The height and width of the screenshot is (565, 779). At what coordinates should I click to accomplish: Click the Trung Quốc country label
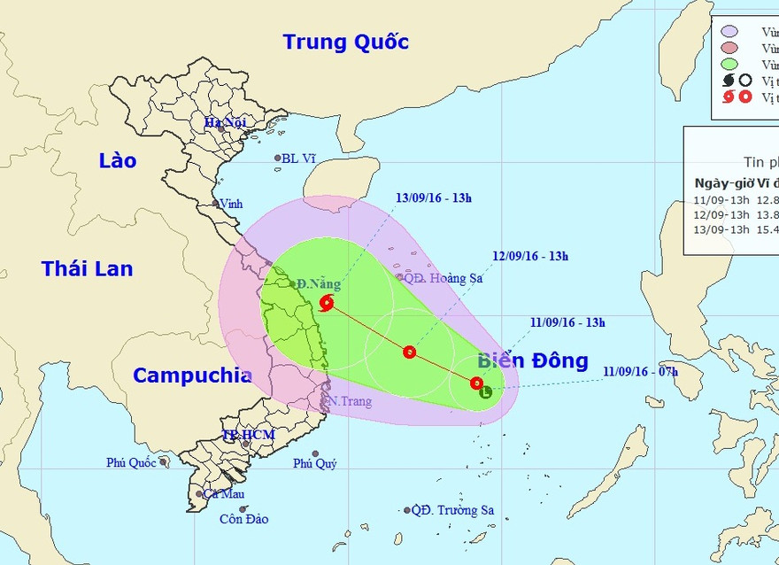[x=345, y=42]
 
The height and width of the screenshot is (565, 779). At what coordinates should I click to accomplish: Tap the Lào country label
[x=118, y=160]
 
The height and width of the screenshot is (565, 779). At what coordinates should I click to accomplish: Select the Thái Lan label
[x=87, y=267]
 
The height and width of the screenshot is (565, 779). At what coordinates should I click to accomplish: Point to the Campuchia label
[x=192, y=375]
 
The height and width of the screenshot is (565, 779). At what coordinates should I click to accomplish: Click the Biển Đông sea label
[x=532, y=360]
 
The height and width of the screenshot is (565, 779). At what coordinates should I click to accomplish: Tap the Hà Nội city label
[x=225, y=122]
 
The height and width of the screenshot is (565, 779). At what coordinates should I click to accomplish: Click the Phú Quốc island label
[x=130, y=462]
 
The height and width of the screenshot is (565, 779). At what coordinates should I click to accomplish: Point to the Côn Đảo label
[x=243, y=519]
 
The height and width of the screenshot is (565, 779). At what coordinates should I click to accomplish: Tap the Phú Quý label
[x=315, y=463]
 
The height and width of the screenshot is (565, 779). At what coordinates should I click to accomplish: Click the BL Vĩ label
[x=299, y=159]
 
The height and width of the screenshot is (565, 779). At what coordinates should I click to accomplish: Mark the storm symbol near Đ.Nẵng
[x=328, y=304]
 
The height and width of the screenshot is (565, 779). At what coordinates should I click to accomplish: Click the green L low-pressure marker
[x=485, y=391]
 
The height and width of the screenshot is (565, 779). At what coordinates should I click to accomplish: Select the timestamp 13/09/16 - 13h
[x=434, y=198]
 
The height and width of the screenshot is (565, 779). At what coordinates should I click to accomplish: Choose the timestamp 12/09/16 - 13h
[x=530, y=257]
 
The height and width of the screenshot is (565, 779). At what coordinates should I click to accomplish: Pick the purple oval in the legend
[x=730, y=32]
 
